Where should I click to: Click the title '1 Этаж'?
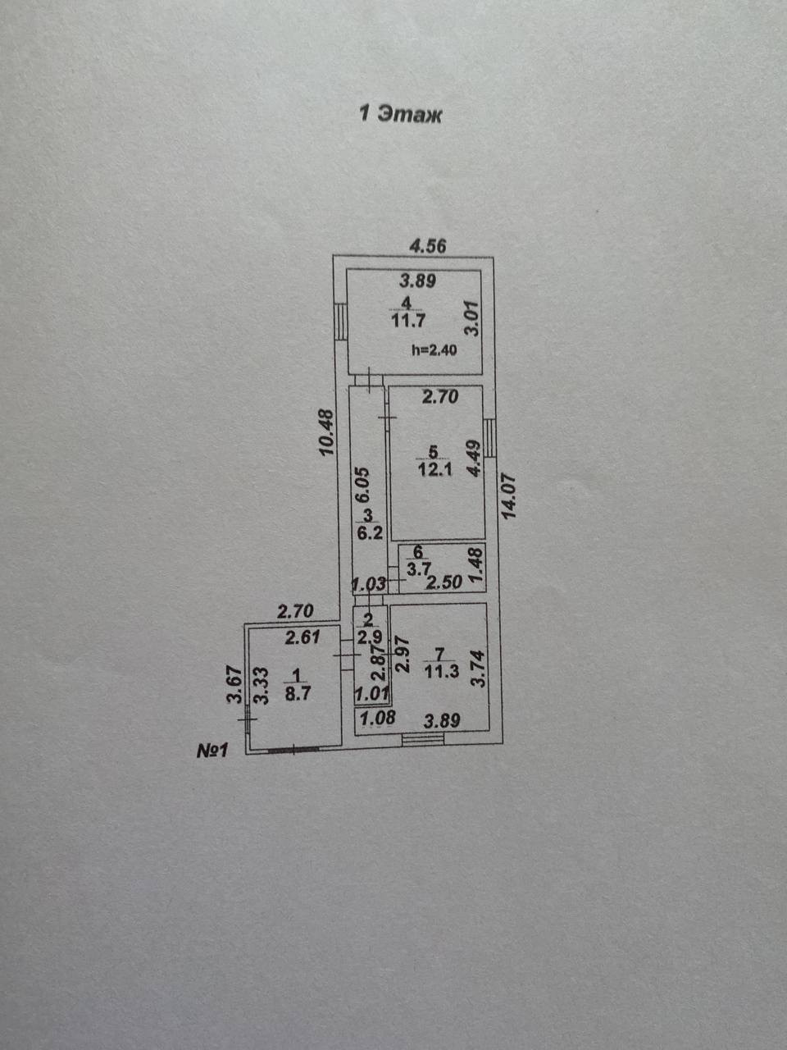pos(401,114)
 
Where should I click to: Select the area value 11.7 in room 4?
pos(407,319)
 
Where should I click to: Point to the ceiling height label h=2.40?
pos(434,349)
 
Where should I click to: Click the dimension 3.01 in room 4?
pos(471,318)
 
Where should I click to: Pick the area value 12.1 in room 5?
pos(434,471)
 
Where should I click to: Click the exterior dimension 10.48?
pos(326,432)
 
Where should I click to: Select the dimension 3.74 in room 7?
pos(480,668)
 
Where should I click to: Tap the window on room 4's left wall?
pos(339,322)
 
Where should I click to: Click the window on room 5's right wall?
pos(490,437)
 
